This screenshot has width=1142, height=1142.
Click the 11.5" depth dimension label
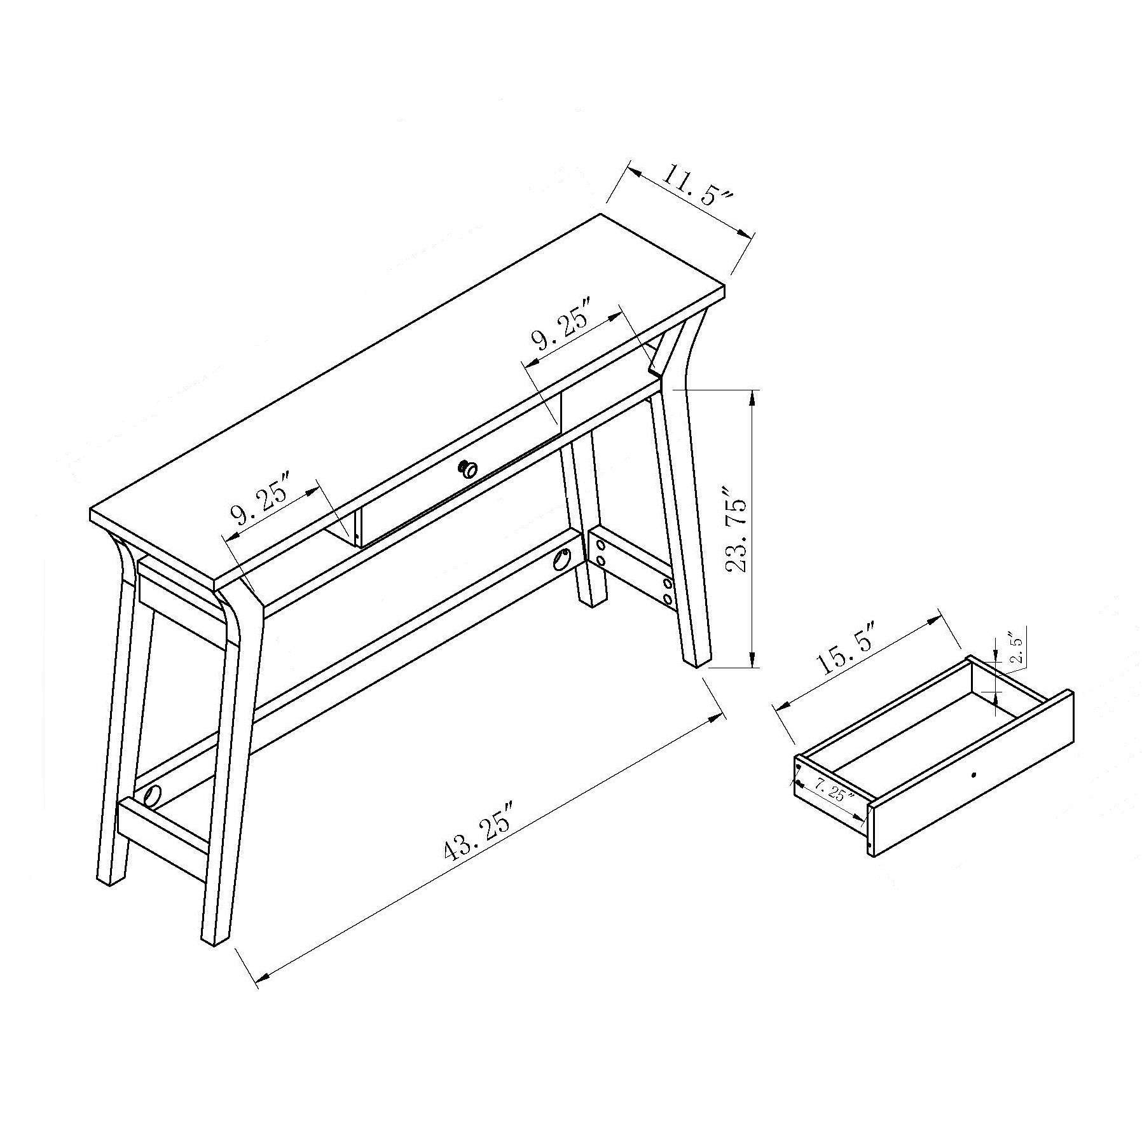click(696, 184)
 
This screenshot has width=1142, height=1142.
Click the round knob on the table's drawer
click(469, 469)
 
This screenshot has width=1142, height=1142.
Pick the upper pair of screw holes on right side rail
click(600, 552)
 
